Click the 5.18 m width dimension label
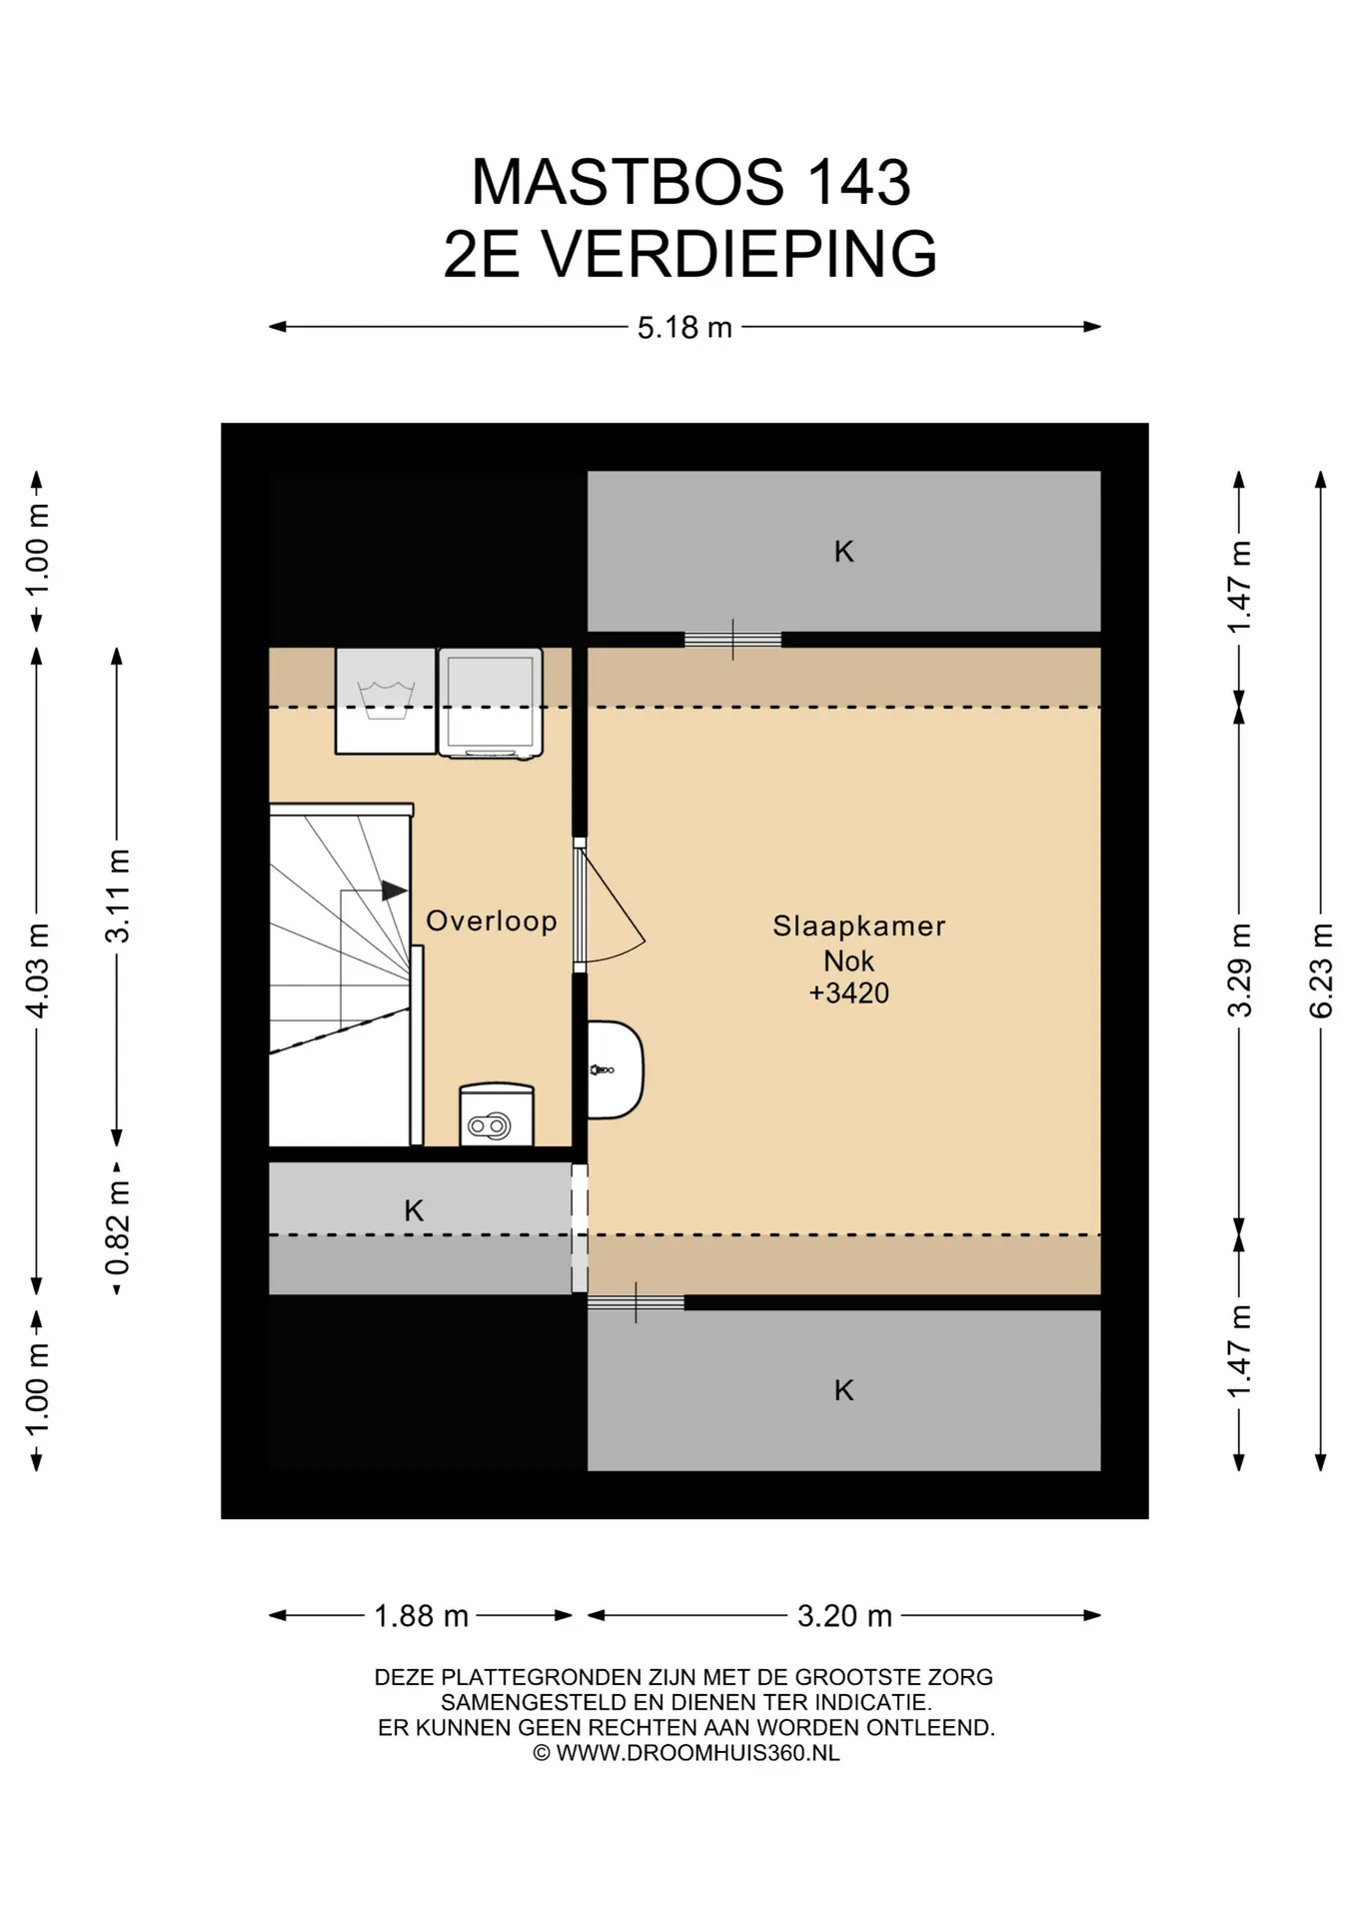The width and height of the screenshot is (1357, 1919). pos(684,327)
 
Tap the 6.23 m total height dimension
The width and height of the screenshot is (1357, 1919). pos(1321,970)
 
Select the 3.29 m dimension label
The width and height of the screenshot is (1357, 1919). pos(1239,970)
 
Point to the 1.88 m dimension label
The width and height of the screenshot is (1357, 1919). pos(421,1616)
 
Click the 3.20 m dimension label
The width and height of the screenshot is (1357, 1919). pos(844,1616)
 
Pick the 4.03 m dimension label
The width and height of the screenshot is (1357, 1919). pos(37,970)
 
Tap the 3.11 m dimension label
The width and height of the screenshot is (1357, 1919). pos(117,896)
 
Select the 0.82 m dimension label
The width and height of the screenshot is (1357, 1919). pos(117,1228)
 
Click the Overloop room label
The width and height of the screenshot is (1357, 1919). pos(492,921)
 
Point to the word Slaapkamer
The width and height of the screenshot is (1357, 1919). pos(859,926)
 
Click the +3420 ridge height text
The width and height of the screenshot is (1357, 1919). pos(849,992)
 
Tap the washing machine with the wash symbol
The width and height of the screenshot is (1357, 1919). pos(385,701)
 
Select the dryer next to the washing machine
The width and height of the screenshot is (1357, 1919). pos(491,703)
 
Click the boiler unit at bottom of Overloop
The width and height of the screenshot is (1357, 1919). pos(497,1114)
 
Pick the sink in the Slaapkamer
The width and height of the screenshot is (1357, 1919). pos(615,1069)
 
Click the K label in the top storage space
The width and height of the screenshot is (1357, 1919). pos(844,551)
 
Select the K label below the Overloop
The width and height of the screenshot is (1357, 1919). pos(414,1210)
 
